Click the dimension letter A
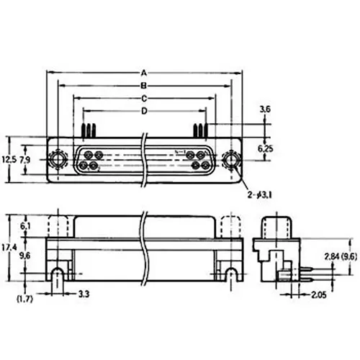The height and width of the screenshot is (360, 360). click(144, 73)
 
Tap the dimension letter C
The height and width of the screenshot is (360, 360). click(144, 98)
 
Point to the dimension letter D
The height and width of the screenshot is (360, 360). click(144, 111)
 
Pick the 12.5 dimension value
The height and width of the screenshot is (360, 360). click(8, 158)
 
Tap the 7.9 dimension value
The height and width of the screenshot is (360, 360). click(25, 158)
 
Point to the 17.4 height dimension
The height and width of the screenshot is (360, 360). click(9, 246)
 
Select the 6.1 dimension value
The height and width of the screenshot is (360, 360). click(27, 226)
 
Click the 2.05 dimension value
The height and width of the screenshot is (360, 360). click(319, 295)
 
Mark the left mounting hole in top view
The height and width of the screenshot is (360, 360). click(57, 158)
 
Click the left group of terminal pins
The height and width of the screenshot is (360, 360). click(89, 130)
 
